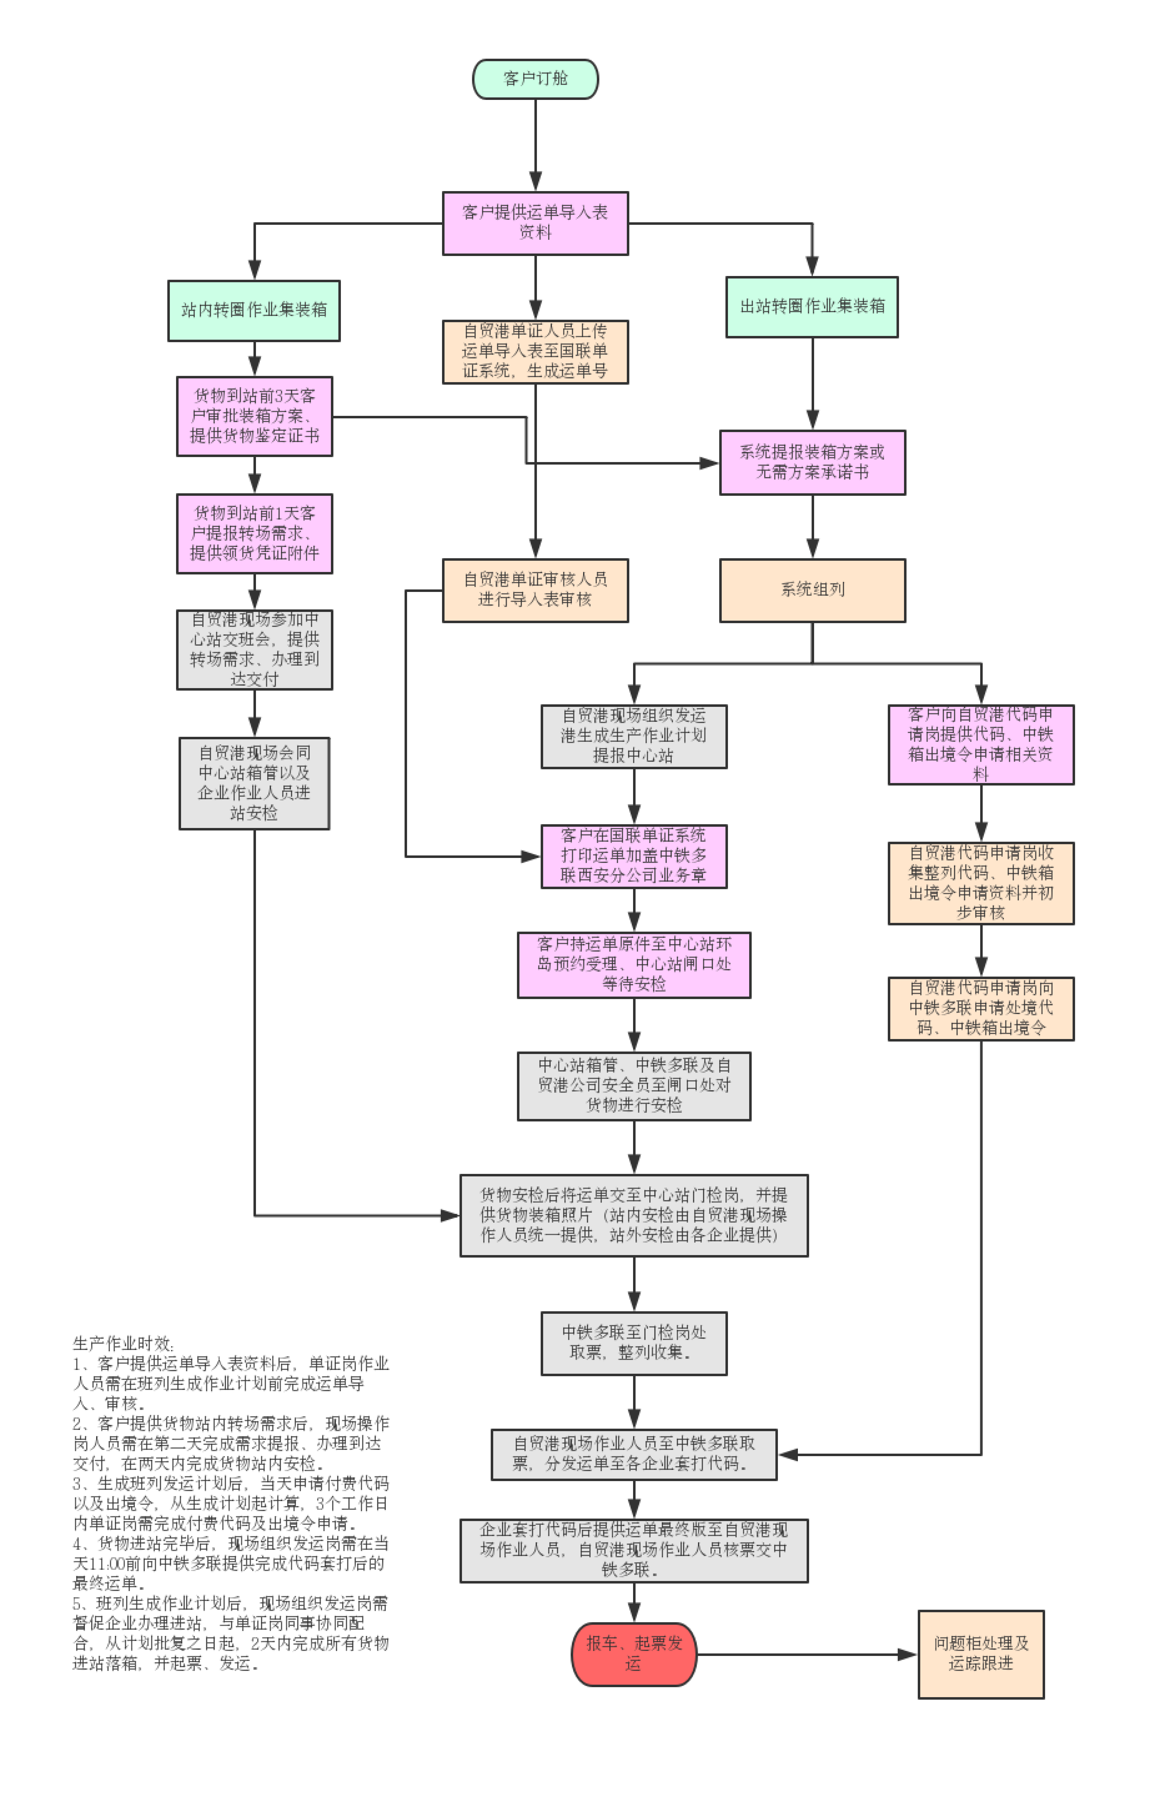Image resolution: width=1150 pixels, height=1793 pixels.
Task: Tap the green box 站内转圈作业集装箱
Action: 254,311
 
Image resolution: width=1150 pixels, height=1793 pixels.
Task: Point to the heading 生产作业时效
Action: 123,1344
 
